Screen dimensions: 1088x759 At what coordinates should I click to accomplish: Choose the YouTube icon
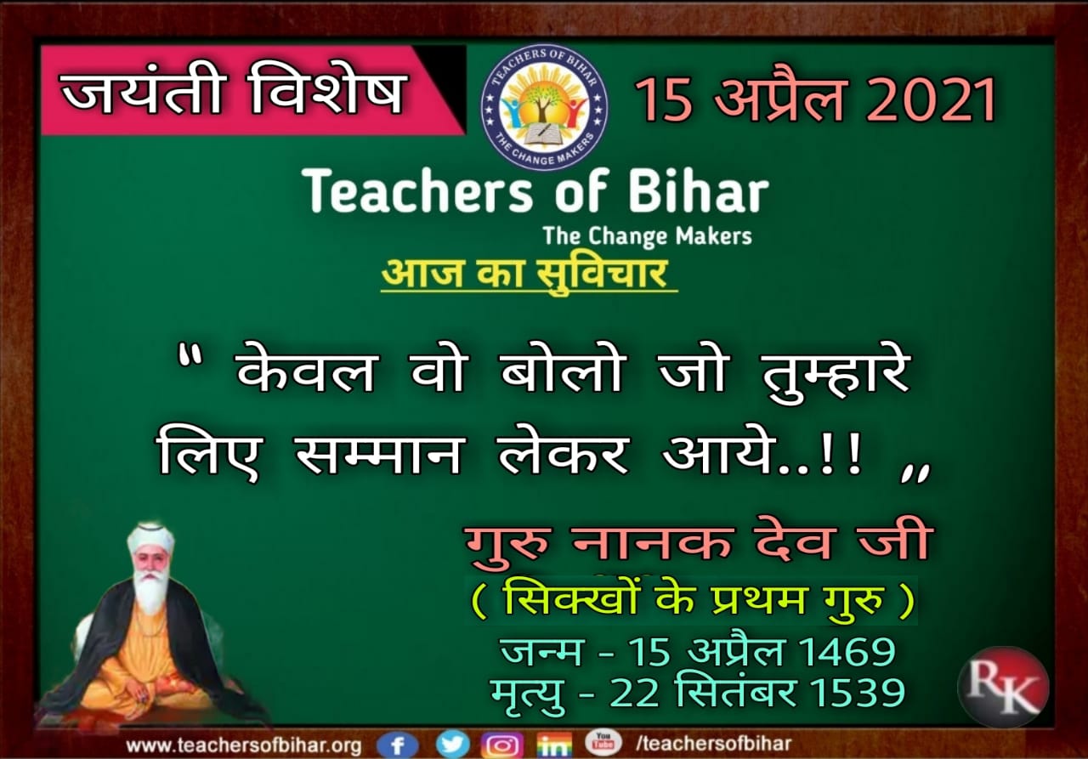pos(603,743)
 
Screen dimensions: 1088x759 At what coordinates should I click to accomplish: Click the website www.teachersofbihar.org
pos(244,745)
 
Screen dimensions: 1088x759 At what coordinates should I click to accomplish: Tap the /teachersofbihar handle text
pos(713,744)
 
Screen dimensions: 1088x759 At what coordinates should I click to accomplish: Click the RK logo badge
pos(1004,687)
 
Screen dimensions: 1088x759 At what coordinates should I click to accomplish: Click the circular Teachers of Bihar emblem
pos(544,107)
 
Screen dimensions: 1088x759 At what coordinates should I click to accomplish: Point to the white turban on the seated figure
pos(150,540)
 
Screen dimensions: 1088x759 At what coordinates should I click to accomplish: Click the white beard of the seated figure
pos(151,593)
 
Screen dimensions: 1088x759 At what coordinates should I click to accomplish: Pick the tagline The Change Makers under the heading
pos(648,236)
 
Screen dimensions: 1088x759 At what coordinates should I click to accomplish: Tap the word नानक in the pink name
pos(651,541)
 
